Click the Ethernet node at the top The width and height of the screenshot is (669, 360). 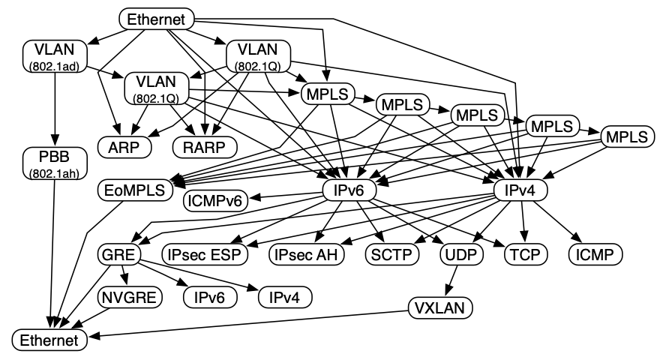(157, 19)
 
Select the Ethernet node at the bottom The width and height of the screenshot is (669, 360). (49, 340)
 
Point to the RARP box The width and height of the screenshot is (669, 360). (204, 145)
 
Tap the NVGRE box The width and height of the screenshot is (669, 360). (130, 298)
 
